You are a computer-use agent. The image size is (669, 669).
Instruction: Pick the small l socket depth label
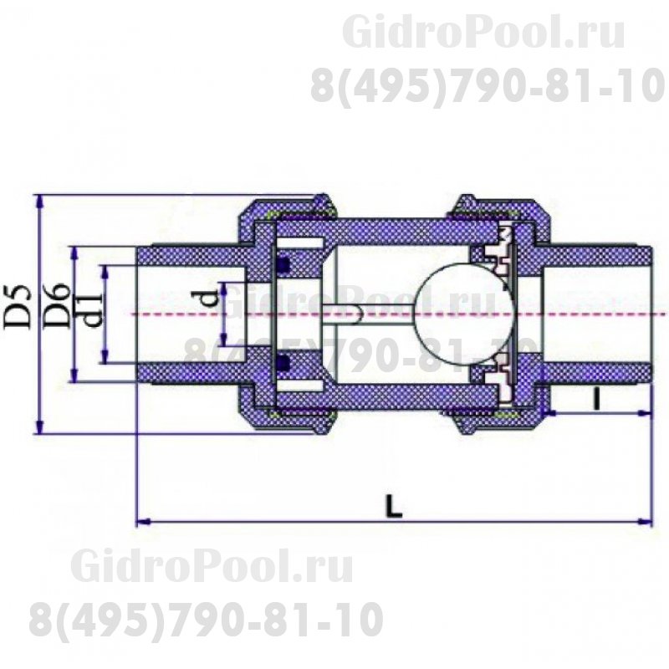tap(596, 399)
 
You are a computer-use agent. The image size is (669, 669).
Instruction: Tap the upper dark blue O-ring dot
tap(283, 265)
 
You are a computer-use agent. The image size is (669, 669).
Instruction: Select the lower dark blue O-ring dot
tap(283, 363)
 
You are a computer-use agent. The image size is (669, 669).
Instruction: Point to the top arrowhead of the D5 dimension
tap(38, 199)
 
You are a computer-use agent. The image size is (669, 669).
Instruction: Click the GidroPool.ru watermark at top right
tap(484, 34)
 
